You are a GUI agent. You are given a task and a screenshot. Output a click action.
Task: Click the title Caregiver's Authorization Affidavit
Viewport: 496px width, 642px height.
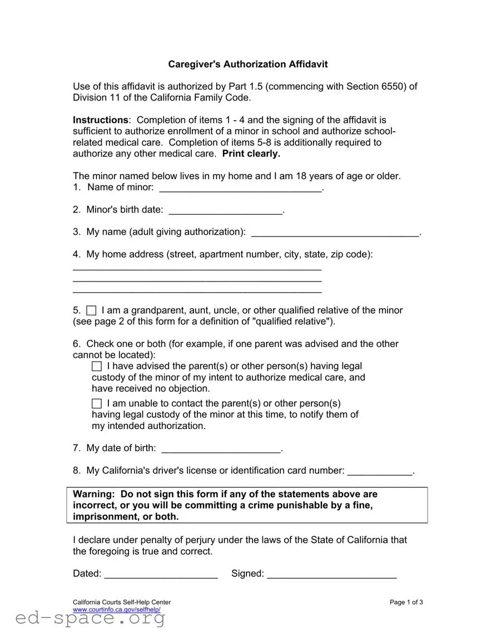coord(248,64)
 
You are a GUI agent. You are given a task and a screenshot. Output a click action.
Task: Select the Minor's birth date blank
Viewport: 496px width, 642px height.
coord(225,211)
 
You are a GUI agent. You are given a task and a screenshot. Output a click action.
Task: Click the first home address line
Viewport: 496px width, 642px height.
coord(197,268)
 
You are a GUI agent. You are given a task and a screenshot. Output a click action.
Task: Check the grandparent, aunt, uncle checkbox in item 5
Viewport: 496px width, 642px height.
coord(92,310)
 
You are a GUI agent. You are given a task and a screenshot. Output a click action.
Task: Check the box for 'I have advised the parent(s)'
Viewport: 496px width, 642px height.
coord(97,366)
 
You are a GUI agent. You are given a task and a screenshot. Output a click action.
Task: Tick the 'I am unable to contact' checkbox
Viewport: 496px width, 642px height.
coord(97,403)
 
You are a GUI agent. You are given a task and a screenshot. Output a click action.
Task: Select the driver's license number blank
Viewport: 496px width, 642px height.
coord(380,472)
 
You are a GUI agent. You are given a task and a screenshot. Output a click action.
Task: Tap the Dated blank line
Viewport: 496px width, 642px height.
coord(161,575)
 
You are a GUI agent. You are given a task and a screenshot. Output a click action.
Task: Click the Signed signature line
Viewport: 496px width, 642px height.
coord(332,575)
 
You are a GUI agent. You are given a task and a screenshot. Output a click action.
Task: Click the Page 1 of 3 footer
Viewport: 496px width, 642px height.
coord(406,602)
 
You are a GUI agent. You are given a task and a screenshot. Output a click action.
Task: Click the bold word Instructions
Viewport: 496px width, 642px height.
coord(100,120)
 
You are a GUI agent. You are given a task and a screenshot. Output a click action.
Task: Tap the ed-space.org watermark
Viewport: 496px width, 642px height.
coord(90,619)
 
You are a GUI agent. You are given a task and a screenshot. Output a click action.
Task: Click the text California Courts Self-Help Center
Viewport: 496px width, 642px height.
coord(122,602)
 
